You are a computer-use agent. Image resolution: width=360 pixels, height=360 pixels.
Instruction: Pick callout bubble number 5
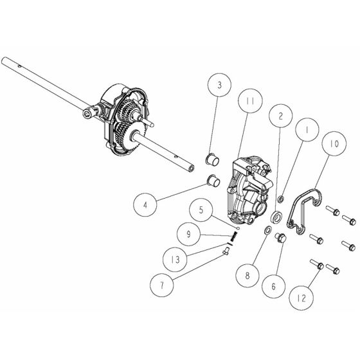tap(201, 210)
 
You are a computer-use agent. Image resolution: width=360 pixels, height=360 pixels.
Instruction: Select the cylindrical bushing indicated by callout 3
tap(209, 159)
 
